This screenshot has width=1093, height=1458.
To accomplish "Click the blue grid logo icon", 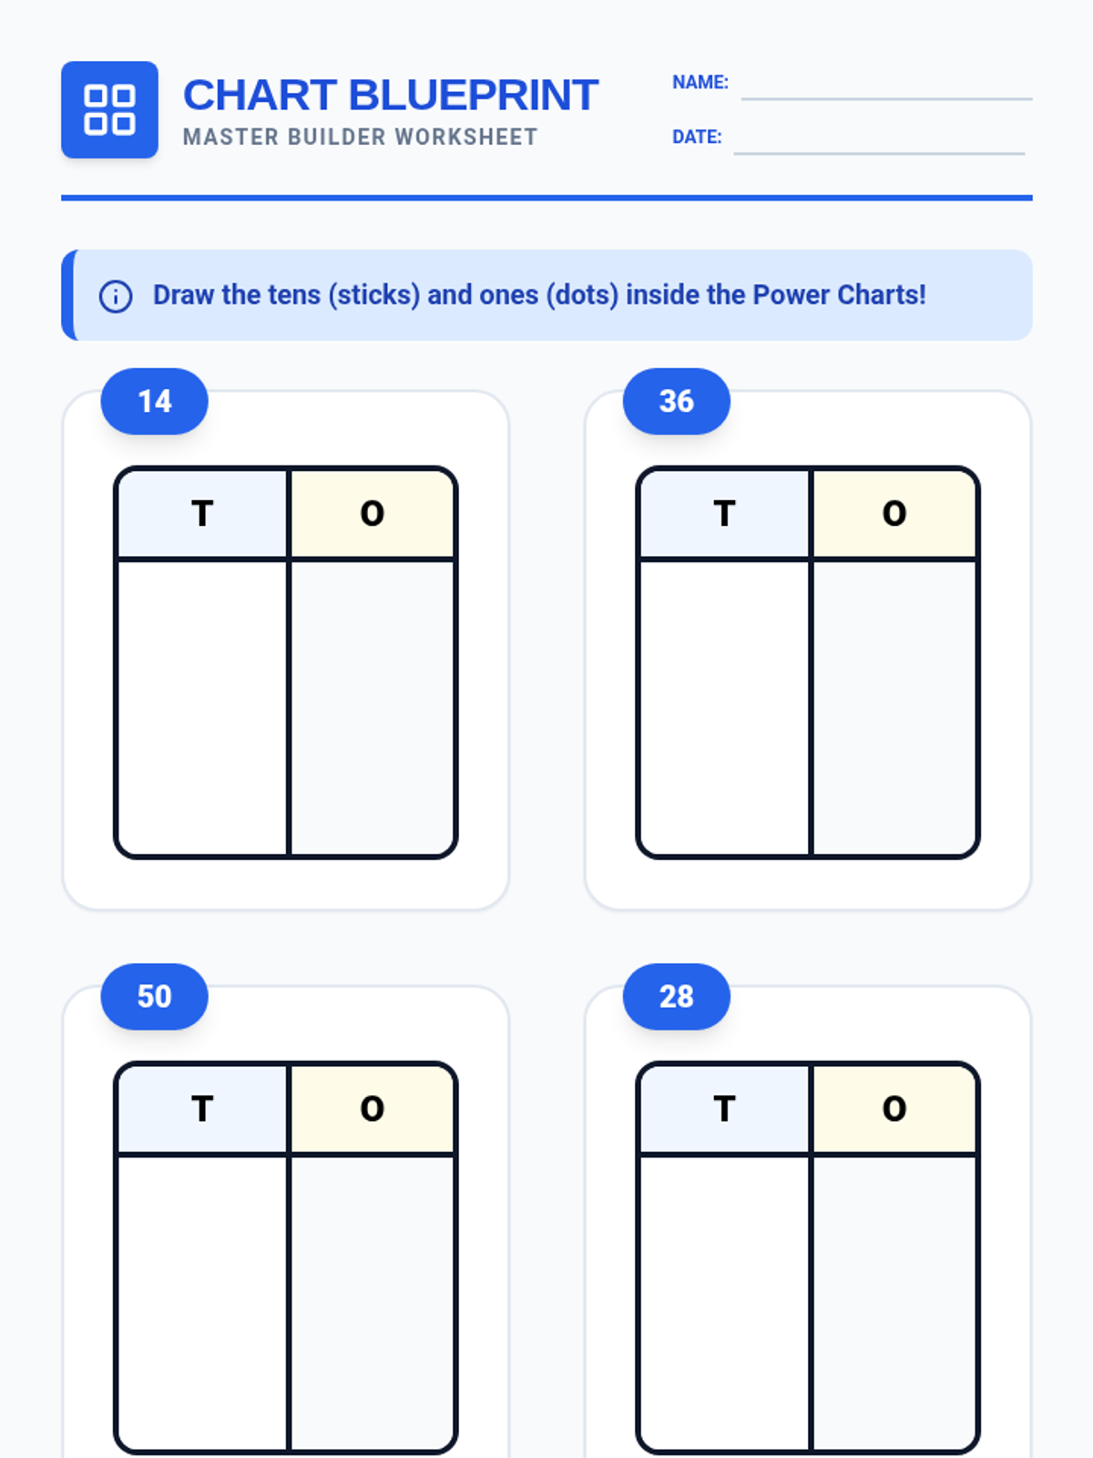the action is coord(109,109).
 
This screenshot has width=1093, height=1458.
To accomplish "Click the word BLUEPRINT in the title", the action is coord(473,95).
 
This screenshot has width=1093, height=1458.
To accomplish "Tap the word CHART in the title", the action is coord(260,95).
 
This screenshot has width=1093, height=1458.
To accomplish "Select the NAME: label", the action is coord(700,82).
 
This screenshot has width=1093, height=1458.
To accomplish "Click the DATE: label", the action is coord(697,137).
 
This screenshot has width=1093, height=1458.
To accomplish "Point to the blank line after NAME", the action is coord(886,99).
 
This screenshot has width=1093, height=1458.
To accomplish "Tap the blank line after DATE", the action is coord(879,153).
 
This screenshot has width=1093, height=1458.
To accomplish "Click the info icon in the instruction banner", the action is coord(116,296).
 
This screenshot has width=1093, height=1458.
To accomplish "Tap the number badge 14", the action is coord(155,401).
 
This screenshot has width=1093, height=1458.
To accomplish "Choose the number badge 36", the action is coord(676,401).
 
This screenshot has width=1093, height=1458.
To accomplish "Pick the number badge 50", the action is coord(155,996).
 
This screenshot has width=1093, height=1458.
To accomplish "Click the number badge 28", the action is coord(676,996).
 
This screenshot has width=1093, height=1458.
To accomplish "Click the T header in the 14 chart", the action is coord(202,513).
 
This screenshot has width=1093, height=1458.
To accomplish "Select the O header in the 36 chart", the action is coord(894,513).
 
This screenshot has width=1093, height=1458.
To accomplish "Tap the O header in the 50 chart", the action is coord(373,1109).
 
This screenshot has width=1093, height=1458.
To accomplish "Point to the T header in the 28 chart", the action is coord(724,1109).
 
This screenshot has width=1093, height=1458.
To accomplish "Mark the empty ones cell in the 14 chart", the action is coord(373,707).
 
